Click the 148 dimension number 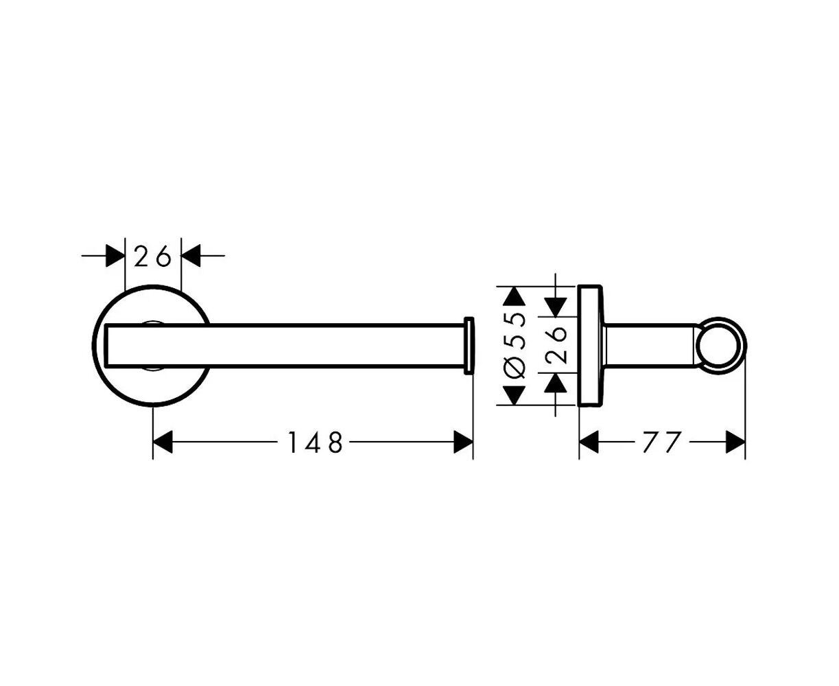[315, 442]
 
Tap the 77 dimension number [662, 442]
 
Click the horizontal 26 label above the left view [153, 256]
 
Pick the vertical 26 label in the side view [556, 345]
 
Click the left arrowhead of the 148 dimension [163, 442]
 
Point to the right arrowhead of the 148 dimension [464, 442]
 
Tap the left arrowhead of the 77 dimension [589, 442]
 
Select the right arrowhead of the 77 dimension [735, 442]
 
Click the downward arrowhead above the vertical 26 [556, 307]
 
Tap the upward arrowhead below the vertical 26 [556, 383]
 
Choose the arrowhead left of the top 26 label [115, 256]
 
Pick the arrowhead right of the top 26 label [191, 256]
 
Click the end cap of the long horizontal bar [469, 345]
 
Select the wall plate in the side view [589, 346]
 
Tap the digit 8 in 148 [335, 442]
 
